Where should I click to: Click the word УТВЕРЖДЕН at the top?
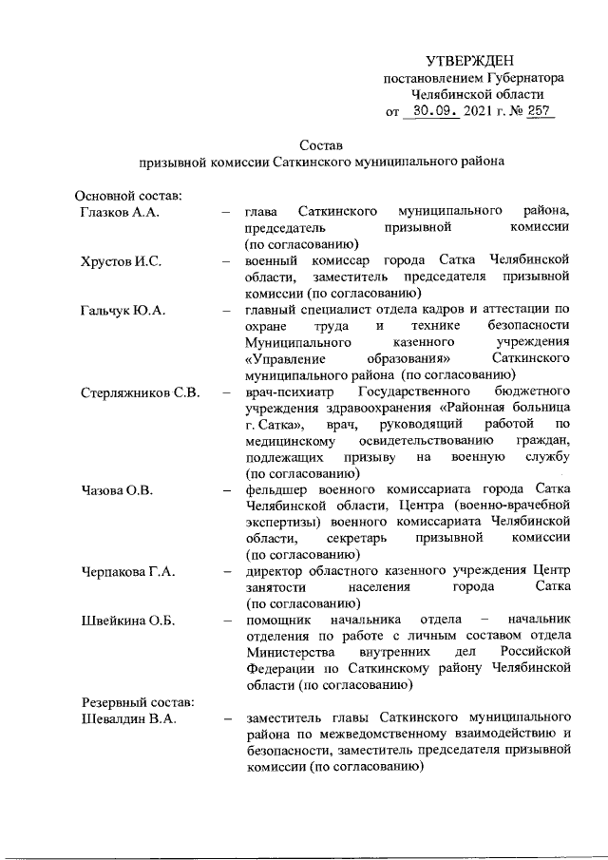coord(473,61)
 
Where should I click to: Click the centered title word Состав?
coord(320,144)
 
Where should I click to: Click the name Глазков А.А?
coord(119,211)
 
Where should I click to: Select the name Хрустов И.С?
coord(121,260)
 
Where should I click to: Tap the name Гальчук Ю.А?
coord(123,310)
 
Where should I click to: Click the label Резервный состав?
coord(134,701)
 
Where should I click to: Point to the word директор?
coord(275,571)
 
